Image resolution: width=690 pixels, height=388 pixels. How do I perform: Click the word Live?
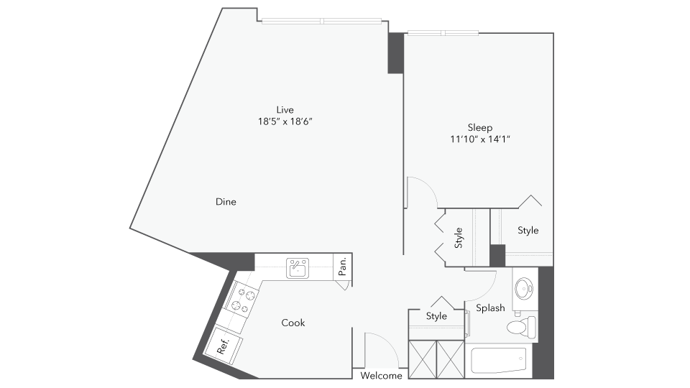[x=285, y=109]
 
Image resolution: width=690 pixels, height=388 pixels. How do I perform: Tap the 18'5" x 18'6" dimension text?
[x=285, y=121]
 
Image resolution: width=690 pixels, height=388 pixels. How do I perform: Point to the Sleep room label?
[x=479, y=127]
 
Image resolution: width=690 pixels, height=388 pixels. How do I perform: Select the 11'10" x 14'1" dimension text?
[x=479, y=139]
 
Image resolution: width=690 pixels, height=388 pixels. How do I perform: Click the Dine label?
[x=226, y=202]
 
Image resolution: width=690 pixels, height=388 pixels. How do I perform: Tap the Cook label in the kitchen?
[x=293, y=323]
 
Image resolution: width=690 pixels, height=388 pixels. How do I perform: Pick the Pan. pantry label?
[x=343, y=267]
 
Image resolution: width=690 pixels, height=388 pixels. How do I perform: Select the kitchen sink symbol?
[x=297, y=268]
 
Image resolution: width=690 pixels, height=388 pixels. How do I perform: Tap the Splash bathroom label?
[x=490, y=308]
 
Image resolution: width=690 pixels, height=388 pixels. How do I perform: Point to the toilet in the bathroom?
[x=522, y=328]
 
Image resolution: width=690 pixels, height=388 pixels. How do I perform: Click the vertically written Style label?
[x=459, y=238]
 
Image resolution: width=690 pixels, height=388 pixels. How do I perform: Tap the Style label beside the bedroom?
[x=528, y=231]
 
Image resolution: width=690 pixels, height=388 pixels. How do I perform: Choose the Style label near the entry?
[x=436, y=316]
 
